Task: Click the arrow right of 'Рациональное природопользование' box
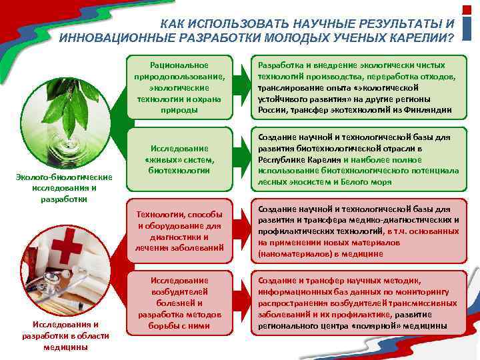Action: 242,87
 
